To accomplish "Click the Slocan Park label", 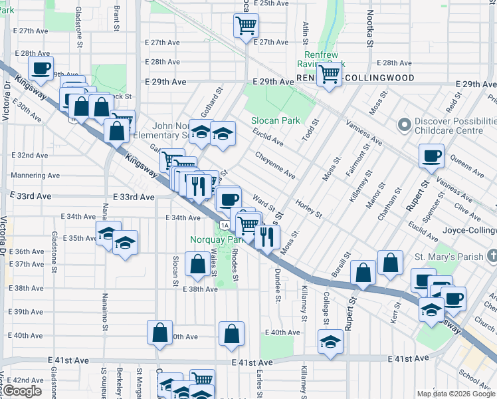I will [x=276, y=121].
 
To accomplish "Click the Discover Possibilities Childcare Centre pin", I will [x=403, y=125].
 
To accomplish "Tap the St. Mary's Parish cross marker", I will [x=491, y=255].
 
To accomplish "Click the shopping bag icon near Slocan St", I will [x=197, y=264].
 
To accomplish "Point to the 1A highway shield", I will [x=226, y=225].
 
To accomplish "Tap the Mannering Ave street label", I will [x=35, y=176].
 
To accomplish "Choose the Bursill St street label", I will [x=343, y=266].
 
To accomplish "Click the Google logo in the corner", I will [x=22, y=391].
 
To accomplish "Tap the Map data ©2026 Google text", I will [x=455, y=394].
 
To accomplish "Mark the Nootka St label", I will [x=367, y=27].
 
